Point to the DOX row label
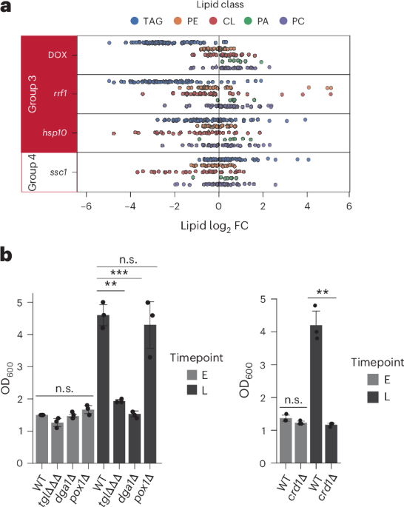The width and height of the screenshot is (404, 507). (57, 54)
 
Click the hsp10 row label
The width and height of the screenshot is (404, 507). (55, 132)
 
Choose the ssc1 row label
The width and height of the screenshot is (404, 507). (57, 172)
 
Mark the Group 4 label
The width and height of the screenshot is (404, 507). (32, 172)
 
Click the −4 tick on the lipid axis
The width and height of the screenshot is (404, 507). (131, 205)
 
